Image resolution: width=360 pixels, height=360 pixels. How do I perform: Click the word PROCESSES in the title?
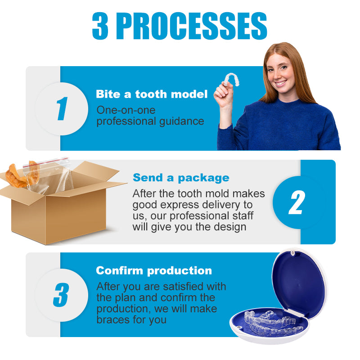(x=192, y=26)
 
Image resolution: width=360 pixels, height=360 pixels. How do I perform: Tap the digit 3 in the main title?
(x=100, y=26)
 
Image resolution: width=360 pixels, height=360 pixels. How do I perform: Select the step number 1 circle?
(x=61, y=108)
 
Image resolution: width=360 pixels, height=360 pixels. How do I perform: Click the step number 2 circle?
(x=297, y=202)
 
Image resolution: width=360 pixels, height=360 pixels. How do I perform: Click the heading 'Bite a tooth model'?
(x=152, y=94)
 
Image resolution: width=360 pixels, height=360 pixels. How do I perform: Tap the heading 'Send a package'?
(x=181, y=177)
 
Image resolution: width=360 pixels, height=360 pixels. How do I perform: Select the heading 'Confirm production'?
(x=153, y=270)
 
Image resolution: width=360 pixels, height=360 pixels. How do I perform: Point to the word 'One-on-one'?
(x=120, y=110)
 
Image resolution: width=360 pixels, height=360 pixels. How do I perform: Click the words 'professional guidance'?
(x=150, y=121)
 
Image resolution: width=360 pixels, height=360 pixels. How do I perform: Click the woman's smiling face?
(x=280, y=72)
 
